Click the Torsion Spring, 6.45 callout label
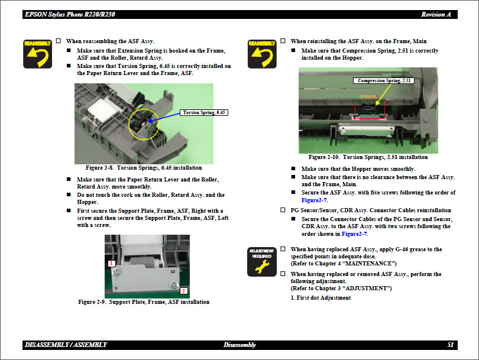coord(205,112)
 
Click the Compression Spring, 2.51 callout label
coord(385,80)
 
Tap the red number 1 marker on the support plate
coord(110,262)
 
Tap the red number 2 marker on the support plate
coord(183,291)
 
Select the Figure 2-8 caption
coord(144,168)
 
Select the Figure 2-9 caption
coord(144,302)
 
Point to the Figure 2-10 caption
coord(368,157)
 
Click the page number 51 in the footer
coord(451,345)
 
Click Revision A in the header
coord(436,14)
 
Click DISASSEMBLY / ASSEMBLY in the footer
coord(66,345)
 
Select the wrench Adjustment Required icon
coord(262,262)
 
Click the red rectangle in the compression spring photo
coord(370,108)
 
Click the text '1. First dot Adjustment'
coord(321,298)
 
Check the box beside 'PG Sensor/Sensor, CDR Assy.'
coord(283,210)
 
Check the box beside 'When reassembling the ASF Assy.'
coord(58,41)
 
